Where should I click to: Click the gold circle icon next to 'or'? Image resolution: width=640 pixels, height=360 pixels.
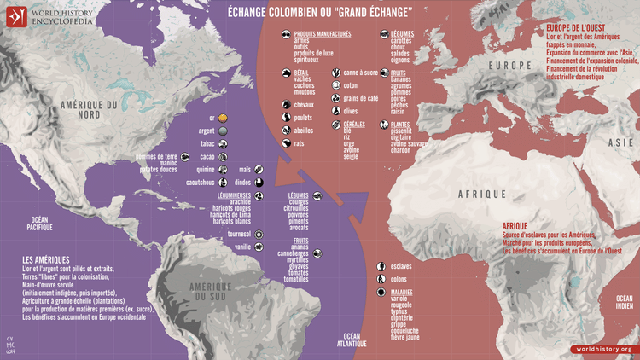(223, 117)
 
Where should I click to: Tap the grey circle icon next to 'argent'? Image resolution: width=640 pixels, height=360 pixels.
(223, 131)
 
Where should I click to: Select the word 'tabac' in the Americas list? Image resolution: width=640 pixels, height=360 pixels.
(207, 144)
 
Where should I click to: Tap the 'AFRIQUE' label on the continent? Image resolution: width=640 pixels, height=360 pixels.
(482, 195)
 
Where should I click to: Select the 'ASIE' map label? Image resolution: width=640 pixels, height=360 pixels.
(621, 143)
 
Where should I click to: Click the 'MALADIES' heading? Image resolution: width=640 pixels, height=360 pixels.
(404, 292)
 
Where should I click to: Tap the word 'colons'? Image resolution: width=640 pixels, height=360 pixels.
(399, 279)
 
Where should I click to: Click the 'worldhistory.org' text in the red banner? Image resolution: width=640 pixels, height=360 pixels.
(602, 349)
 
